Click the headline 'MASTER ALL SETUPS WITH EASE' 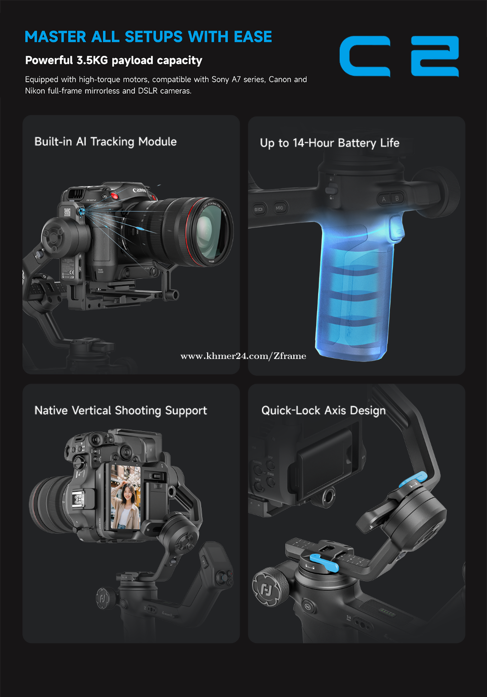pos(148,37)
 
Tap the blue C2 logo pos(399,56)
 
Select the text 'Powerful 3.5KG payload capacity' pos(114,60)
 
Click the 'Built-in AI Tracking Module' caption pos(106,142)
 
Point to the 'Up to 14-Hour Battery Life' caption pos(330,143)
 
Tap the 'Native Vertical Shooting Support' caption pos(121,411)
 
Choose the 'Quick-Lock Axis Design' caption pos(324,411)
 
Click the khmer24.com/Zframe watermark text pos(243,356)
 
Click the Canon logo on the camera pos(139,190)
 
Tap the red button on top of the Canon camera pos(115,196)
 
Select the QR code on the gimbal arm pos(67,213)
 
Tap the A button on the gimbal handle pos(384,200)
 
